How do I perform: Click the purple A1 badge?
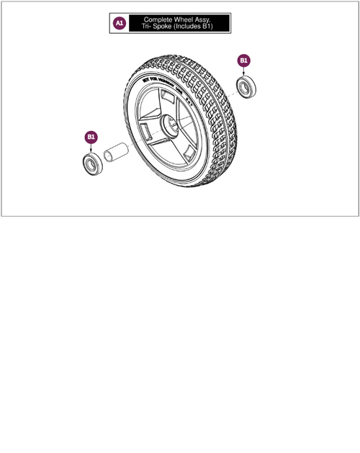tap(120, 23)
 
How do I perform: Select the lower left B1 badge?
tap(91, 136)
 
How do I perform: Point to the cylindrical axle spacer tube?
tap(117, 156)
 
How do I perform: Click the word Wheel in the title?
tap(187, 19)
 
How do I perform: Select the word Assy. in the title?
tap(210, 19)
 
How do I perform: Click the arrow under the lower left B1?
tap(91, 147)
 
